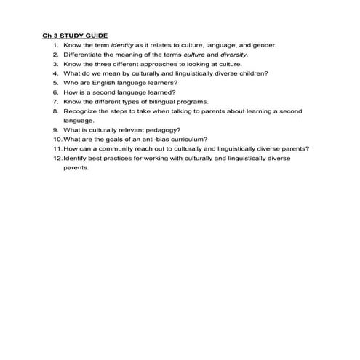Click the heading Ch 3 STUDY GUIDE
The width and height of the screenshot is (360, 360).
pyautogui.click(x=75, y=35)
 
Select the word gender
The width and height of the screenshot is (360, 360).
pyautogui.click(x=263, y=44)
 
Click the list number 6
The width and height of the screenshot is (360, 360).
pyautogui.click(x=55, y=92)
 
